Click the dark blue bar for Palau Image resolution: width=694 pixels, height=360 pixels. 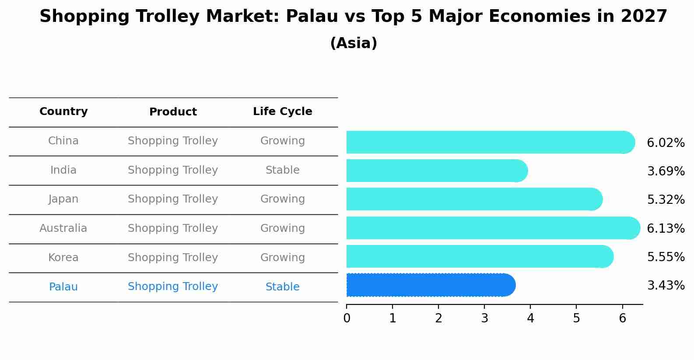(431, 285)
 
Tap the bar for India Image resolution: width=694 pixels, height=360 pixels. (437, 171)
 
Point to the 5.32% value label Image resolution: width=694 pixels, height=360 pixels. (666, 200)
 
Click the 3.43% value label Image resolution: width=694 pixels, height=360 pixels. (666, 286)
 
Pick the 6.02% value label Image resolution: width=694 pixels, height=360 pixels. (666, 143)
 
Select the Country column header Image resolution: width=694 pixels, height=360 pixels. (63, 112)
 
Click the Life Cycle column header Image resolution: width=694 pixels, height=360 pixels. (282, 112)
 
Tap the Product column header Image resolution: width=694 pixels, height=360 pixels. (173, 112)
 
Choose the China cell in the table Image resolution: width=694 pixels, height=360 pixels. (63, 141)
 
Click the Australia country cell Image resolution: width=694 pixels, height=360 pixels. (63, 228)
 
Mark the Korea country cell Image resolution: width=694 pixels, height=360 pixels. (63, 258)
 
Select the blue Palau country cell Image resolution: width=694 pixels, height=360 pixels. (63, 287)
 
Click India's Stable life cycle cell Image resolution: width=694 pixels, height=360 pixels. (282, 170)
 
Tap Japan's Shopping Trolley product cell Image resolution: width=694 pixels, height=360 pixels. (173, 199)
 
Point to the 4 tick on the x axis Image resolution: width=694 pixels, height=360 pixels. (530, 318)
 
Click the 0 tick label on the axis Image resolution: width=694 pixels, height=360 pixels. (347, 318)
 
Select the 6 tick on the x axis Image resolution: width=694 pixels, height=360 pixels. (622, 318)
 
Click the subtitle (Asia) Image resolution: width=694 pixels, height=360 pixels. (354, 43)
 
